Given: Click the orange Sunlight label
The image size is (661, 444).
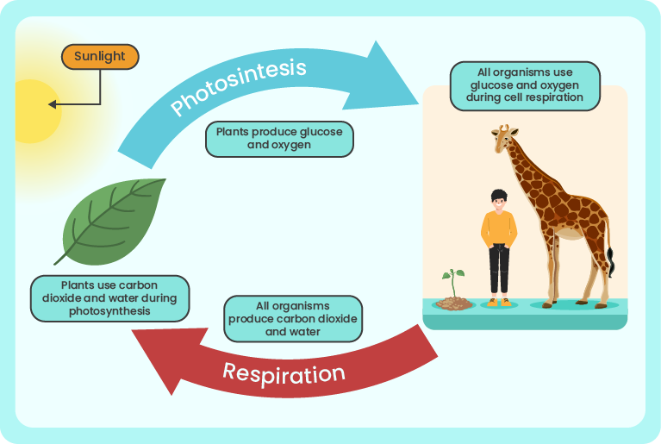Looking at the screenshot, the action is (x=100, y=57).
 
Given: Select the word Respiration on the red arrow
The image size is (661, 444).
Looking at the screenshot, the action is (x=284, y=373).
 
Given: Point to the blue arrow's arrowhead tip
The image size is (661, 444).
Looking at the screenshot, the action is (x=418, y=103).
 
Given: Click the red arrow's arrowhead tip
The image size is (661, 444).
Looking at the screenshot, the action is (x=132, y=330).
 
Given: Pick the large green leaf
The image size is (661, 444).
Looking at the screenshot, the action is (x=110, y=222).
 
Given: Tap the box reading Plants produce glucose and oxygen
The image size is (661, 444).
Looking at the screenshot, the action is (x=279, y=139).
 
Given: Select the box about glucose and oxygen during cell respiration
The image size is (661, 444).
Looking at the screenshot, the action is (x=525, y=85).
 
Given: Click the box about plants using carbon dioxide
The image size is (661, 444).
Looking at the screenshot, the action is (x=109, y=298).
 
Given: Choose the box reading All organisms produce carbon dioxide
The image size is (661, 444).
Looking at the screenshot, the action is (x=293, y=319).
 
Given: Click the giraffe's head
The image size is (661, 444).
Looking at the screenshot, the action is (x=504, y=137).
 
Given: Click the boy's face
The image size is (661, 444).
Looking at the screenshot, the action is (x=499, y=203).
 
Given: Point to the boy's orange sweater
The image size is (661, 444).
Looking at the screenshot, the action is (x=499, y=229).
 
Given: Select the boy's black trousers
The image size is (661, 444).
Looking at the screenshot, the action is (x=499, y=269).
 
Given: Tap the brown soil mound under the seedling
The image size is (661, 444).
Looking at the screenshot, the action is (x=454, y=303).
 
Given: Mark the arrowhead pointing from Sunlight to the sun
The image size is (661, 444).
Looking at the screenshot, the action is (x=53, y=104).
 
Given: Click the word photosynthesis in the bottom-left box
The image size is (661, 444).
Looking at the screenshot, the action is (x=109, y=311).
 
